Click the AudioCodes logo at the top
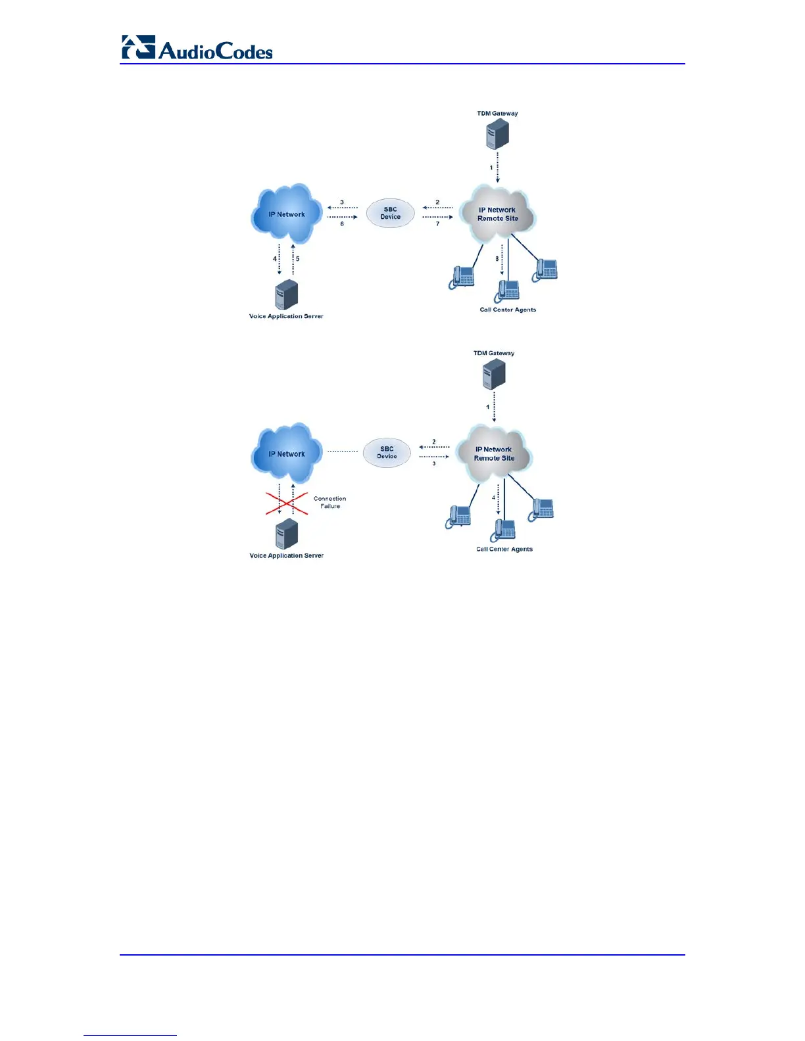(197, 48)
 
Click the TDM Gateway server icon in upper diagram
(497, 135)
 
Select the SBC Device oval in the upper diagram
(390, 214)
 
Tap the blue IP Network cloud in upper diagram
(287, 214)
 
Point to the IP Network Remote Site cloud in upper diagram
(498, 214)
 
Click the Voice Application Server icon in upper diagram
(287, 295)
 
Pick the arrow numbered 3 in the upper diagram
(342, 208)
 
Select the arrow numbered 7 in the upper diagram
(437, 217)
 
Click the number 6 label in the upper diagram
(342, 224)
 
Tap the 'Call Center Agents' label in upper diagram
(508, 310)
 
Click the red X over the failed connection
(287, 503)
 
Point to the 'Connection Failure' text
(330, 502)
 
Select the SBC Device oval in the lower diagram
(387, 453)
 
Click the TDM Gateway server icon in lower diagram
(494, 375)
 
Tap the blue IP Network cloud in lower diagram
(287, 453)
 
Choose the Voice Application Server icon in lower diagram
(287, 534)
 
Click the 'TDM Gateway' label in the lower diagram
(494, 353)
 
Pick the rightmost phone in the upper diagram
(545, 270)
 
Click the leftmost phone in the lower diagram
(458, 517)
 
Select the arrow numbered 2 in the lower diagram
(434, 448)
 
